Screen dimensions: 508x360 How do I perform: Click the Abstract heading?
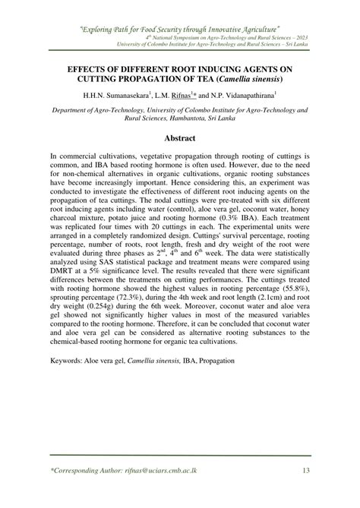180,138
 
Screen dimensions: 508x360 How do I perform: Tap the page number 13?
305,470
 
